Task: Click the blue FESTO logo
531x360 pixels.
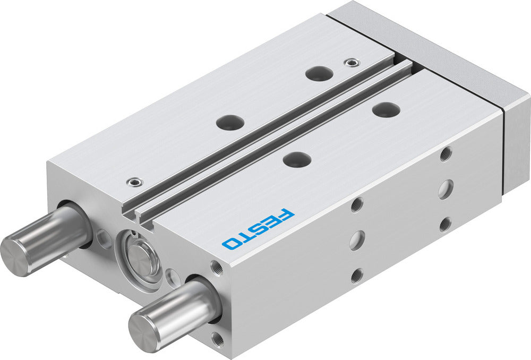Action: pyautogui.click(x=258, y=229)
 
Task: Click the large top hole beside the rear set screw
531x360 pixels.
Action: pyautogui.click(x=319, y=74)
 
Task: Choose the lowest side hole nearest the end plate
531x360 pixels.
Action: pyautogui.click(x=446, y=224)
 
